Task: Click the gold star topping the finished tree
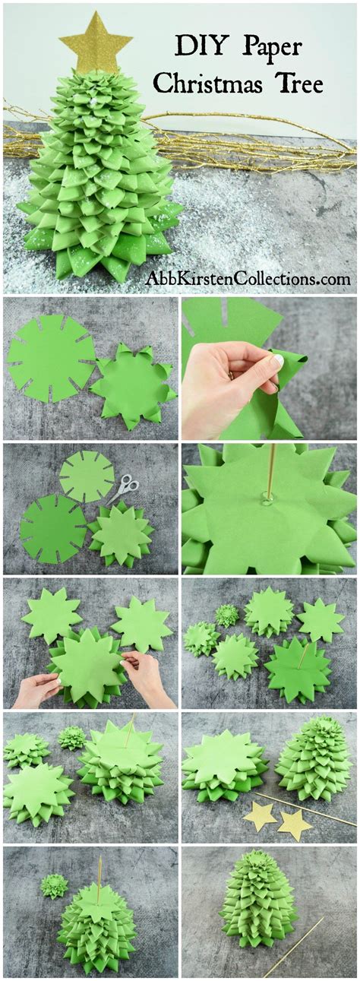96,43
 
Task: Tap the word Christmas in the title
211,84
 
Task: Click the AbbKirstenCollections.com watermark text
248,279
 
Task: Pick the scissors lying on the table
124,487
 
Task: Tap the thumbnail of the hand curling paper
268,368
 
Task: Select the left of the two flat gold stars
260,817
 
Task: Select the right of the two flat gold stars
294,823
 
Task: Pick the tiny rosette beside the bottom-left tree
54,885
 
